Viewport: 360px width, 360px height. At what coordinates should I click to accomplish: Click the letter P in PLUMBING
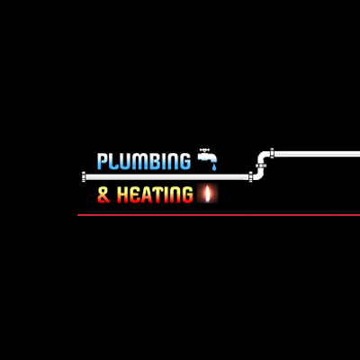click(x=101, y=161)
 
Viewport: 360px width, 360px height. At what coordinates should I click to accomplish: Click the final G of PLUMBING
click(x=184, y=161)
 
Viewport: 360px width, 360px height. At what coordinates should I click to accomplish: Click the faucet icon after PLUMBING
click(x=207, y=156)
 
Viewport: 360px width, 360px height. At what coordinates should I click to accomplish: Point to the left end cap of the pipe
click(x=84, y=176)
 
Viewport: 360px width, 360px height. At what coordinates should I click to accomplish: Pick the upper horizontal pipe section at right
click(x=315, y=153)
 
